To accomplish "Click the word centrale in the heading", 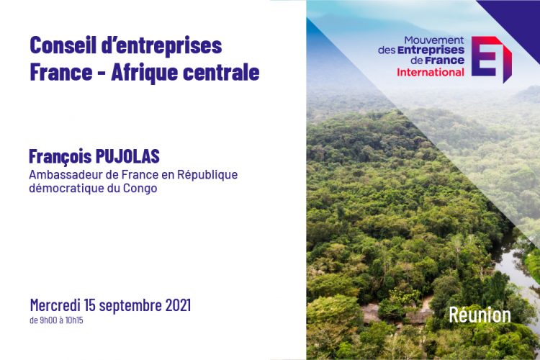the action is (221, 72).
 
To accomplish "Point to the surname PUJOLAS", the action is (127, 156).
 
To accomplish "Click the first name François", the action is (60, 157).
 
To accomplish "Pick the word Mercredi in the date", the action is (55, 305).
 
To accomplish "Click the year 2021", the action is (178, 305).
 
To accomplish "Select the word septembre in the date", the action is (130, 306).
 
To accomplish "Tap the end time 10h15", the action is (74, 320).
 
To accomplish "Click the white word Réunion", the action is (480, 315).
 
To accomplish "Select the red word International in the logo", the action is (431, 72).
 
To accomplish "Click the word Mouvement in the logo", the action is (434, 40).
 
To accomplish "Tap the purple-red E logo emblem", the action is (491, 58).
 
